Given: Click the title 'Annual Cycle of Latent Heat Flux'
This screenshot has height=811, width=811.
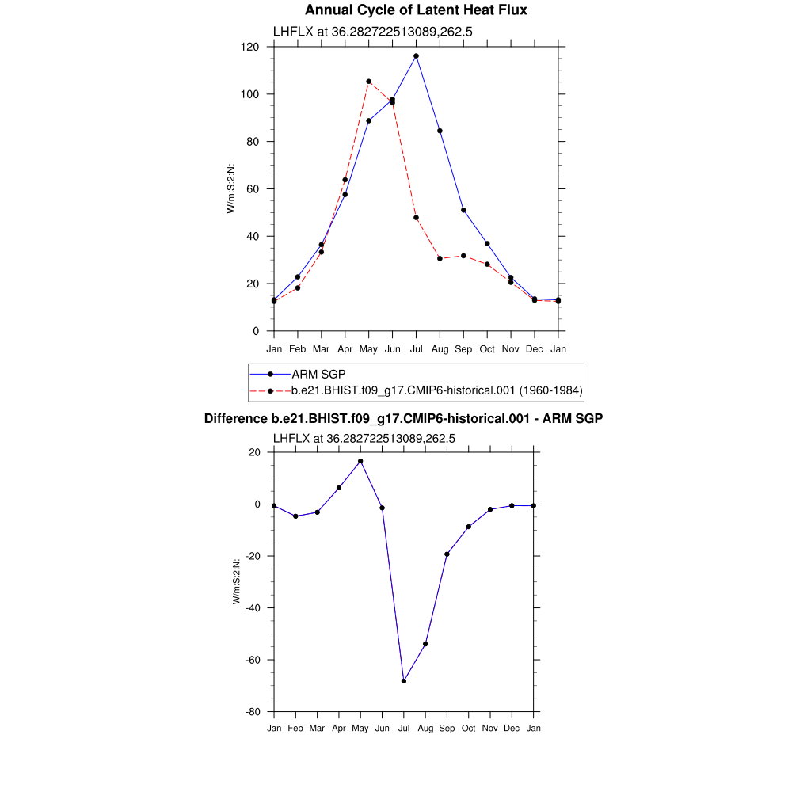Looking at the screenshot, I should (416, 10).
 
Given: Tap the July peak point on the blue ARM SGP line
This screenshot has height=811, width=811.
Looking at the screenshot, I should (416, 56).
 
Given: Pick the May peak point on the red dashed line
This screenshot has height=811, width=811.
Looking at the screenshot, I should (368, 82).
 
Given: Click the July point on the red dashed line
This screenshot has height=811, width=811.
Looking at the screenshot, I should (416, 218).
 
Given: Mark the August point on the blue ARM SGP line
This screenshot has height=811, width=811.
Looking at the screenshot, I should (440, 131).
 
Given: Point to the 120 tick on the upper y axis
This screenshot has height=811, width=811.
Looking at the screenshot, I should (252, 47).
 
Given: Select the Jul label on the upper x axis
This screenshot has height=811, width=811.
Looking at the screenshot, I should (416, 348).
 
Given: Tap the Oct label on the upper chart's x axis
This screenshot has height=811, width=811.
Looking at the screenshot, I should (487, 348).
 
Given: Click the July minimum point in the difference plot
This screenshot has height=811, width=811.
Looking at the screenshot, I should (404, 681).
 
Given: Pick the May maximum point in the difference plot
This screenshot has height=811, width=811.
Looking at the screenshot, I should (360, 461).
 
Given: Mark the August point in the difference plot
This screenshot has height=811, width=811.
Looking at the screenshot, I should (425, 644).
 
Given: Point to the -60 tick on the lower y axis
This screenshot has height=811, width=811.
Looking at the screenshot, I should (253, 660).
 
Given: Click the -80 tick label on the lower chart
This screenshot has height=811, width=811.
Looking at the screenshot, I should (253, 711).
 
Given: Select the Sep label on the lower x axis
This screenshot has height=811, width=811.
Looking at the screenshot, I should (447, 728).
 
